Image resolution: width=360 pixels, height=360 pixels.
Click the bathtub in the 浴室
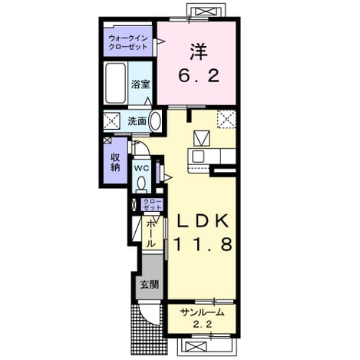116,83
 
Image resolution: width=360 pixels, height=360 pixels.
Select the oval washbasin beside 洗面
155,121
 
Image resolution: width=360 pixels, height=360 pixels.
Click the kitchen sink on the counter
198,156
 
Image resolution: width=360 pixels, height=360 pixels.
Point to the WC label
142,168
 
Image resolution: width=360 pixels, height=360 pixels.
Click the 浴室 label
140,84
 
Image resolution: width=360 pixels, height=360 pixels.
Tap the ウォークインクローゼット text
128,42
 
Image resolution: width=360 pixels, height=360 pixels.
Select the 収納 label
115,162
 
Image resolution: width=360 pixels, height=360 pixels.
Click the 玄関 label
150,285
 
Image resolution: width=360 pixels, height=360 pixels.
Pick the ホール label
151,234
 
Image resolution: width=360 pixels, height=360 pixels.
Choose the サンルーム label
202,312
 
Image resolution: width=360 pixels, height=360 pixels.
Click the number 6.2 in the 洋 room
199,76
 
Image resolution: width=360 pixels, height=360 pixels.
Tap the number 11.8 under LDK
203,243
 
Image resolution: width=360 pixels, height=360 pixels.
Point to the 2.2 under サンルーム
202,325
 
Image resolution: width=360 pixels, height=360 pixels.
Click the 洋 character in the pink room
199,51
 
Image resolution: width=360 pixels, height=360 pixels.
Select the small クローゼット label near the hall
153,204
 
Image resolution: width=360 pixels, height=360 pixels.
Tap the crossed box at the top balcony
206,12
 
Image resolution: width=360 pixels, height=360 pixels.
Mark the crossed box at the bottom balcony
196,347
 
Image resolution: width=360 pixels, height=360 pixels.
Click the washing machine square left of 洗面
111,121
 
